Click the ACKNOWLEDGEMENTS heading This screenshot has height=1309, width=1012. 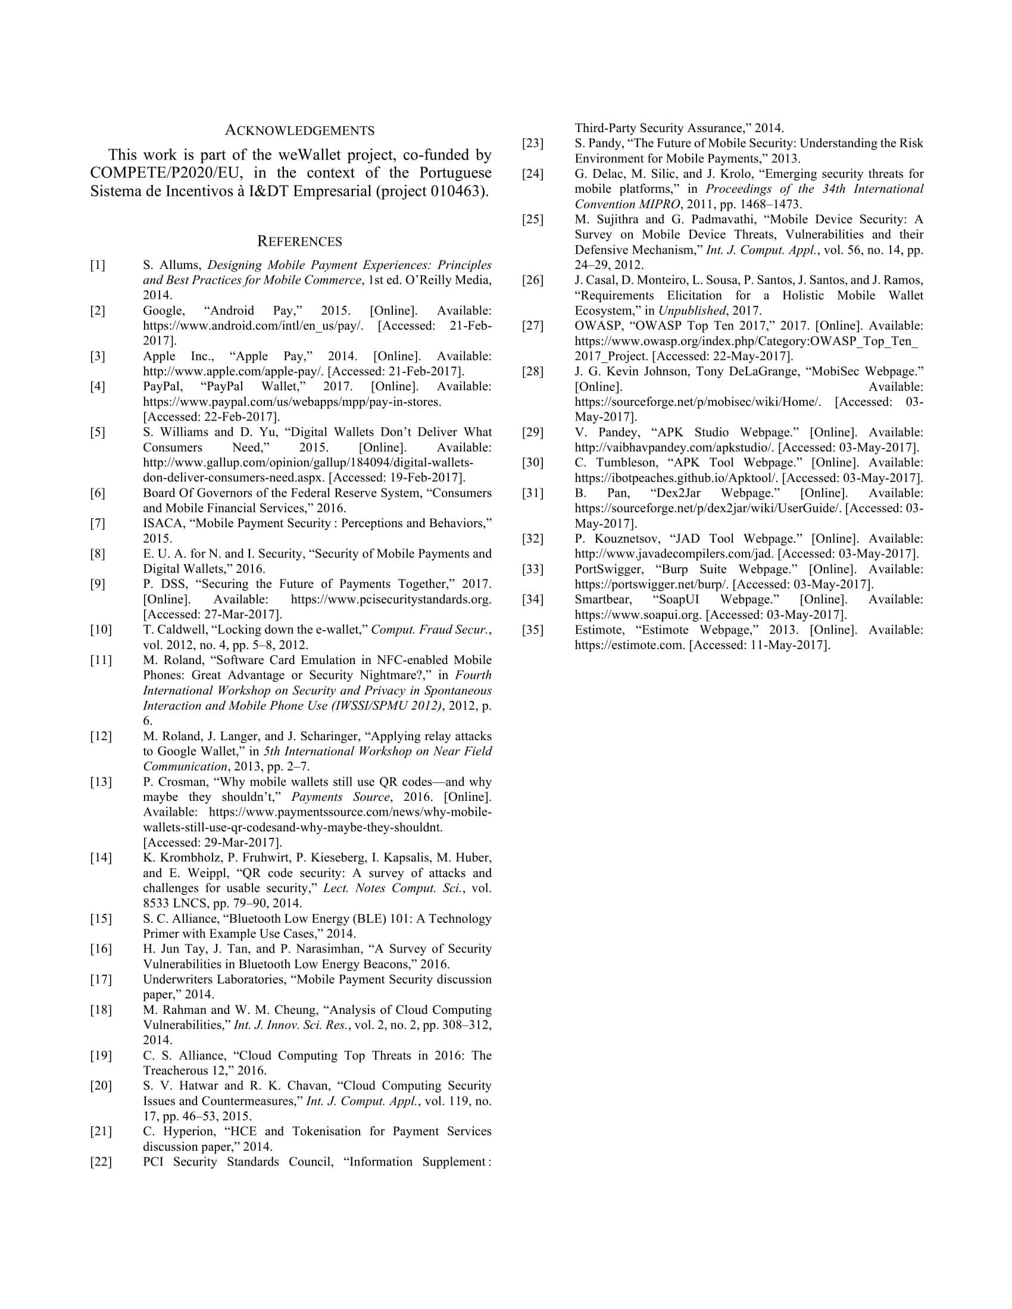(x=300, y=131)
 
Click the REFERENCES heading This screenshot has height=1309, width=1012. (x=300, y=242)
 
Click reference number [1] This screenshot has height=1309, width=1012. (x=98, y=265)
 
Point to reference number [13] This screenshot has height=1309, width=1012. (x=101, y=782)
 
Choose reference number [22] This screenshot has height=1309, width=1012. (x=101, y=1161)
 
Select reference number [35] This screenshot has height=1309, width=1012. (x=533, y=630)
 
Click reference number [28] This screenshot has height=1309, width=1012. (x=533, y=371)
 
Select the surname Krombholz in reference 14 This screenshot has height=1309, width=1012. (x=185, y=857)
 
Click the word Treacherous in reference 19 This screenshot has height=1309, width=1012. (x=174, y=1070)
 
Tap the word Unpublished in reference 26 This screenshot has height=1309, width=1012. (x=692, y=311)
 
